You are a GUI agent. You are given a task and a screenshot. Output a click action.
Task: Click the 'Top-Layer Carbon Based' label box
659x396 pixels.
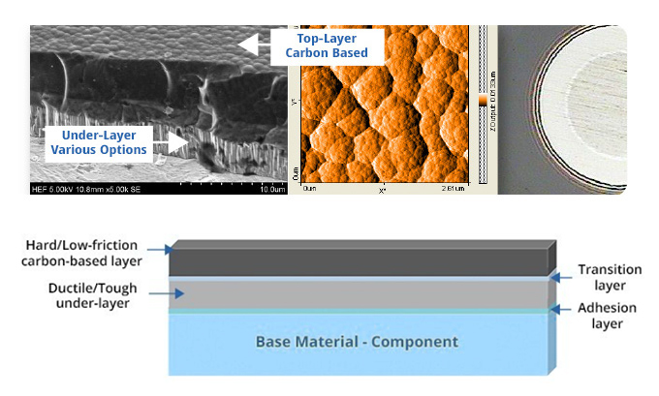click(325, 45)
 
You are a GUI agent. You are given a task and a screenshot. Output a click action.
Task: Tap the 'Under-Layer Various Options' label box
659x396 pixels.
click(98, 142)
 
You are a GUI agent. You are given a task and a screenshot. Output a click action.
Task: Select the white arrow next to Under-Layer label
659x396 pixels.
click(175, 143)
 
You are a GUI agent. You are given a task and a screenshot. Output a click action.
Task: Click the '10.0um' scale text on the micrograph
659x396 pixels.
click(264, 189)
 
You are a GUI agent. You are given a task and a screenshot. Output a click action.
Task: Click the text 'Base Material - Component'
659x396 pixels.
click(356, 342)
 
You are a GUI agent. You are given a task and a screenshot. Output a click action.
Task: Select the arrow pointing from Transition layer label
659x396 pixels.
click(559, 277)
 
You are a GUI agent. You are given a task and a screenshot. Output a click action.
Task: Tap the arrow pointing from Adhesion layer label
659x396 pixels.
click(559, 310)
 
